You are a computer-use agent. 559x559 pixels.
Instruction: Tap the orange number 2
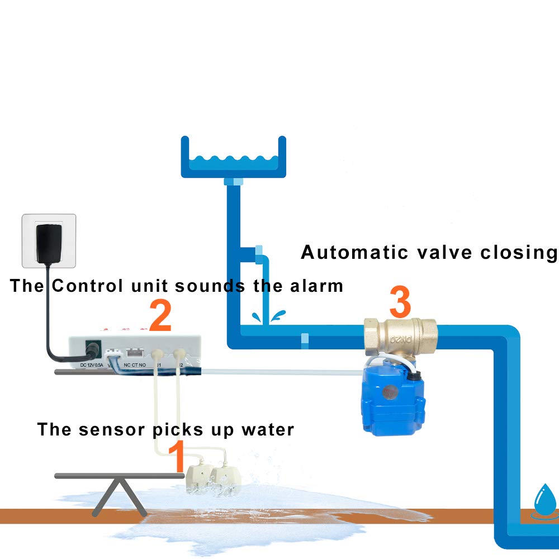coord(160,316)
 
